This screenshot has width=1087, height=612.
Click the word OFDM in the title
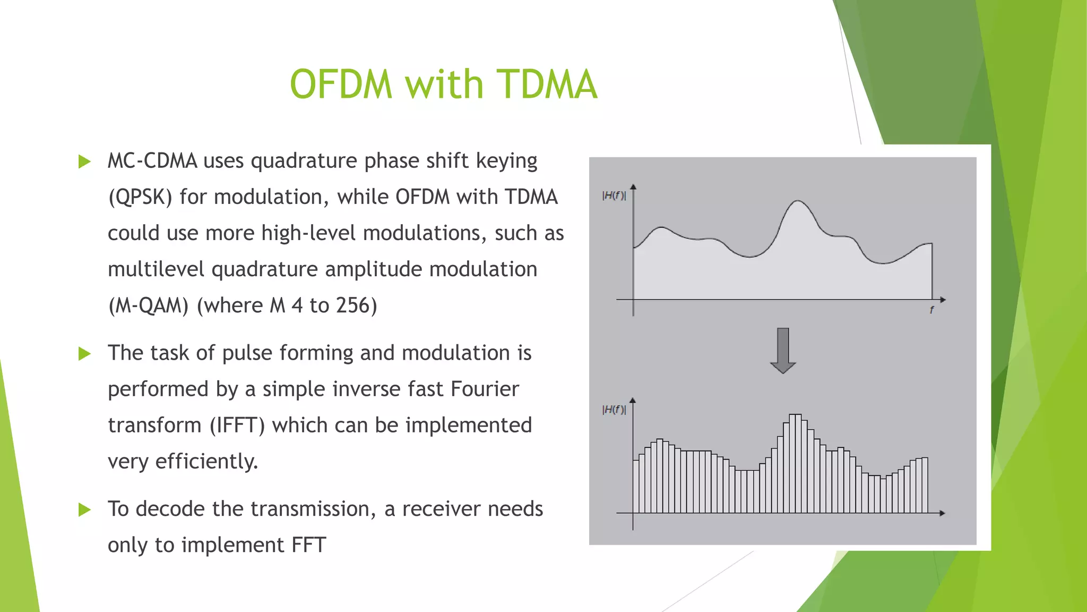pos(341,84)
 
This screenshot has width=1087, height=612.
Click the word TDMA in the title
pos(547,84)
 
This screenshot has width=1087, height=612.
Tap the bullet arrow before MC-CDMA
pos(84,161)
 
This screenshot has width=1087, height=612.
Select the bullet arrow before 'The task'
pos(84,354)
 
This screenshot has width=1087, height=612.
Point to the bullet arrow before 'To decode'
pos(84,510)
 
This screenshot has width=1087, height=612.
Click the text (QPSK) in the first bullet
pos(140,198)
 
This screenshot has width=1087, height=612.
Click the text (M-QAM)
pos(149,305)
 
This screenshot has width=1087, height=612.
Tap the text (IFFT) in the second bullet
pos(237,426)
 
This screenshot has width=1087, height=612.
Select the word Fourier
pos(485,389)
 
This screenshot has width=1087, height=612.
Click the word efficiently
pos(206,462)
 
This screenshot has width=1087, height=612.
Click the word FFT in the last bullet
pos(308,546)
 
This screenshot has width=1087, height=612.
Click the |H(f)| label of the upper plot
pos(614,195)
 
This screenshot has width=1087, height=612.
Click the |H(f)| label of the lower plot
pos(614,410)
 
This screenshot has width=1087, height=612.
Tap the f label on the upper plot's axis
pos(931,310)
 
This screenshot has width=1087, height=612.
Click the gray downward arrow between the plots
pos(783,351)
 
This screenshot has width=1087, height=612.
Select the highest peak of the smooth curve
pos(797,201)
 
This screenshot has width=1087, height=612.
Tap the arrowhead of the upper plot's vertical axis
pos(633,187)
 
